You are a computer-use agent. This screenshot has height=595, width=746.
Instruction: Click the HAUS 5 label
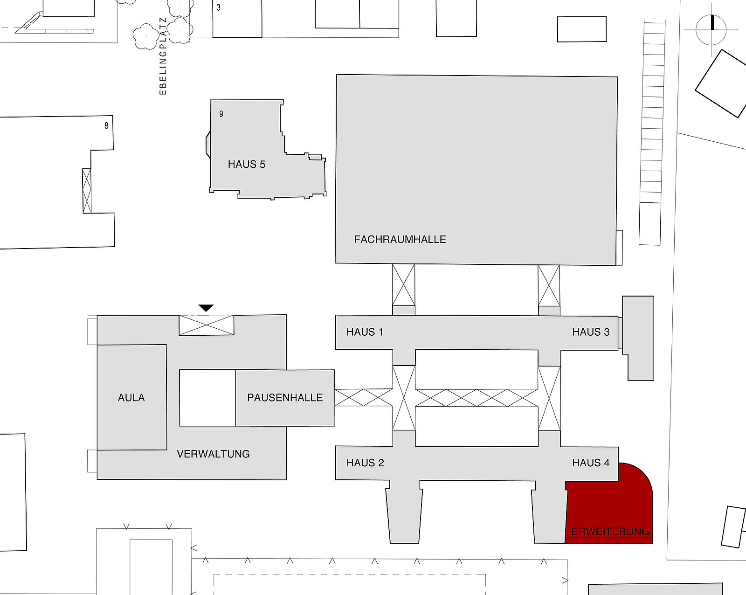pos(247,164)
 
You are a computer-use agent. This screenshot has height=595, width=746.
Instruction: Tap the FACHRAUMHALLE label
pos(400,239)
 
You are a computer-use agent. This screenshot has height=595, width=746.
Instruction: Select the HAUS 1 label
pos(365,332)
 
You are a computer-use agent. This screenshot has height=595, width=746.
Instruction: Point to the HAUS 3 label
pos(591,332)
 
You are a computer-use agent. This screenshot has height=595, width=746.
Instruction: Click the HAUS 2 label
pos(366,463)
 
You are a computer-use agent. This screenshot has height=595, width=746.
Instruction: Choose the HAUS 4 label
pos(591,463)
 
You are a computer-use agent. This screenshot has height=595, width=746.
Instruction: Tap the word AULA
pos(131,397)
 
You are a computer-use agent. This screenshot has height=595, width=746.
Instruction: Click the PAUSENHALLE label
pos(285,397)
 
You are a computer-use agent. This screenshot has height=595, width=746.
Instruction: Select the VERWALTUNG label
pos(213,454)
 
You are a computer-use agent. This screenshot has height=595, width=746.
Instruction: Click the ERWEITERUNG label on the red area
pos(610,532)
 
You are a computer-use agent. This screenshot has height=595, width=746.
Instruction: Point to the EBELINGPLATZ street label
pos(163,56)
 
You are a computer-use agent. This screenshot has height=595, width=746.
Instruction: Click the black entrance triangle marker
pos(206,308)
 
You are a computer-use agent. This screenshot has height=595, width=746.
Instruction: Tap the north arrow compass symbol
pos(711,30)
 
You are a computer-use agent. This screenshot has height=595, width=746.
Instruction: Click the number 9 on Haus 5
pos(221,114)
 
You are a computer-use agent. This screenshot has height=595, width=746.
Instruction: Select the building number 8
pos(106,125)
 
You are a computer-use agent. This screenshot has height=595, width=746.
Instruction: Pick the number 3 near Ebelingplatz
pos(218,7)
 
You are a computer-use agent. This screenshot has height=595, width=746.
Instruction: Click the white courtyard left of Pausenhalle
pos(207,398)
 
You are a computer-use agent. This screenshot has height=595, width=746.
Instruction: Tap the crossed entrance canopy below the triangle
pos(206,325)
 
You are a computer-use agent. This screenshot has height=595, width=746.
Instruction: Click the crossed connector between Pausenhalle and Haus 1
pos(364,397)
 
